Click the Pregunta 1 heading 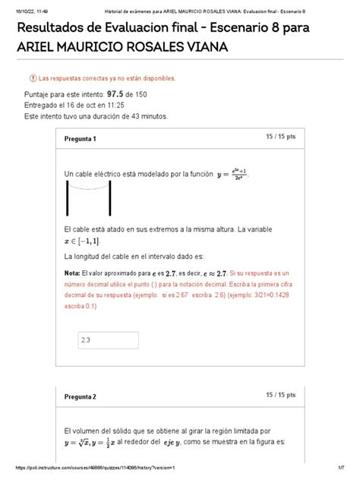(x=80, y=139)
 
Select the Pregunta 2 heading (x=80, y=397)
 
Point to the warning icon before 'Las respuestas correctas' (x=32, y=78)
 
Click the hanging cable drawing (x=84, y=199)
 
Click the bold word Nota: (x=72, y=272)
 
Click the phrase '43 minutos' (x=144, y=116)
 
